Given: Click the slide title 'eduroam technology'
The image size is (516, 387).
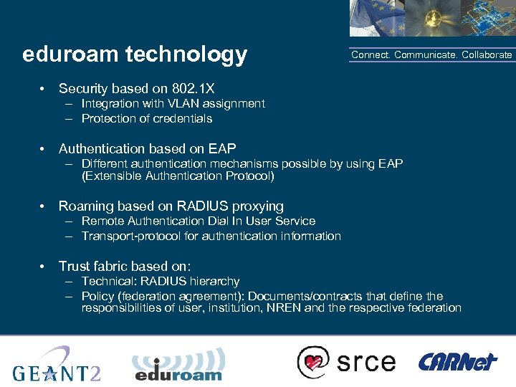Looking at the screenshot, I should tap(135, 54).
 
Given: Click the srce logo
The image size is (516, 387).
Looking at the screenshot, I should tap(347, 361).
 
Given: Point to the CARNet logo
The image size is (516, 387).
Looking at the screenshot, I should tap(457, 361).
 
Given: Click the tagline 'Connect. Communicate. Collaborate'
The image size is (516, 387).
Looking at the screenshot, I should tap(431, 55).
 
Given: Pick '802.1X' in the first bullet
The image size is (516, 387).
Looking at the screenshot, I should tap(193, 89).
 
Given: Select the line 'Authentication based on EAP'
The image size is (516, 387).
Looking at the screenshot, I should tap(147, 149).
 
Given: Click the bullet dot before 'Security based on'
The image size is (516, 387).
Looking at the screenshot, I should tap(44, 89).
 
